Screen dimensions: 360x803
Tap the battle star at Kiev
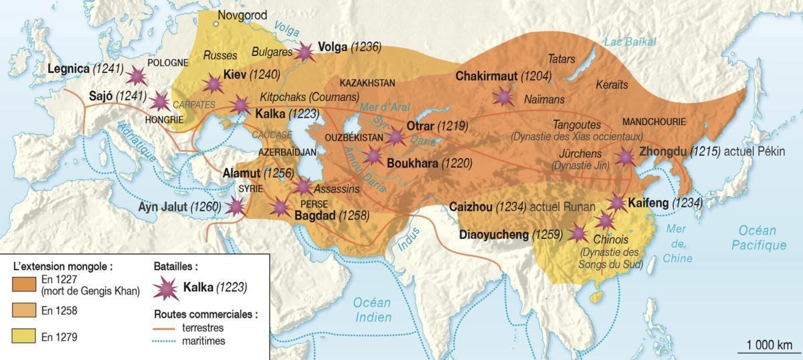click(x=213, y=84)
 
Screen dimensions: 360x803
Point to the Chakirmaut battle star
click(x=503, y=97)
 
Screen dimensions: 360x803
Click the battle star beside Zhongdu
click(x=625, y=157)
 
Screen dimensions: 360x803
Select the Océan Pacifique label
click(x=759, y=238)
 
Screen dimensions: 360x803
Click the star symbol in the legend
click(x=166, y=288)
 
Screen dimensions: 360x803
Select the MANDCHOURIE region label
click(x=654, y=122)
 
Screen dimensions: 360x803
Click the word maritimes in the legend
click(x=203, y=341)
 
